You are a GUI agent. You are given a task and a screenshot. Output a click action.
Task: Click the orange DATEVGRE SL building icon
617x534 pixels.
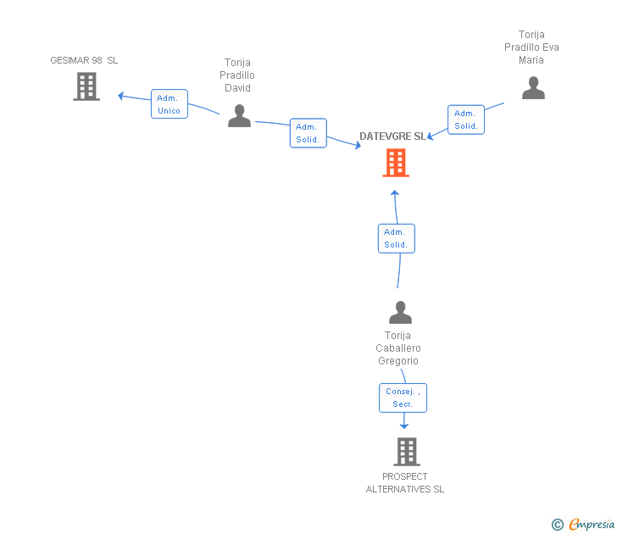pyautogui.click(x=396, y=163)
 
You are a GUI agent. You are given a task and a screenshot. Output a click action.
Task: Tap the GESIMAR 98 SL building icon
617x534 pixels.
pyautogui.click(x=86, y=86)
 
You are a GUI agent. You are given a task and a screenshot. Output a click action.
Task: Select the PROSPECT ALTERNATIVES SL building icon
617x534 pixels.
pyautogui.click(x=407, y=452)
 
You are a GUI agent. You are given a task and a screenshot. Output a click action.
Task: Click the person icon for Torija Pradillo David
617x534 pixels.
pyautogui.click(x=240, y=116)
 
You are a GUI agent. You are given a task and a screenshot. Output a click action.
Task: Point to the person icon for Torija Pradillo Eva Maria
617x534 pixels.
pyautogui.click(x=533, y=88)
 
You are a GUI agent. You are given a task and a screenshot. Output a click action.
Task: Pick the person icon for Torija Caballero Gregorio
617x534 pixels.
pyautogui.click(x=400, y=313)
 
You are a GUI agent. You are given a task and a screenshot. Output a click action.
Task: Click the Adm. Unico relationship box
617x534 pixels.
pyautogui.click(x=169, y=104)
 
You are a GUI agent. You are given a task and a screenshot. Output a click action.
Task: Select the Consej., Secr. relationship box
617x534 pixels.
pyautogui.click(x=403, y=398)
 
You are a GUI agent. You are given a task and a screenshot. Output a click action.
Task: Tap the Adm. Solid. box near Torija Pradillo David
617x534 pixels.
pyautogui.click(x=308, y=133)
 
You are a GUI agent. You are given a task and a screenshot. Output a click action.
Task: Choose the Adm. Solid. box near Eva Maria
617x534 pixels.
pyautogui.click(x=465, y=120)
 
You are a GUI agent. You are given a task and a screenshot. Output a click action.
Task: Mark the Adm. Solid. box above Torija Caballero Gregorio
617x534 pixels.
pyautogui.click(x=396, y=238)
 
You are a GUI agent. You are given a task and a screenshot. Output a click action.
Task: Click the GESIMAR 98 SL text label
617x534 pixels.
pyautogui.click(x=84, y=60)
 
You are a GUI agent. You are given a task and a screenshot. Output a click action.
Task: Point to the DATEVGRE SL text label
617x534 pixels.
pyautogui.click(x=392, y=136)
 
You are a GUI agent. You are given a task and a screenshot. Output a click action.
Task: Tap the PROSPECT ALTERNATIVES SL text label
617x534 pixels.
pyautogui.click(x=405, y=482)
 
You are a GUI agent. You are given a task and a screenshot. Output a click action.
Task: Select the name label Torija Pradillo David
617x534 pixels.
pyautogui.click(x=238, y=75)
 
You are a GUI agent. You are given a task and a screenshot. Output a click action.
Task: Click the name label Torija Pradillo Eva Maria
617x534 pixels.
pyautogui.click(x=531, y=47)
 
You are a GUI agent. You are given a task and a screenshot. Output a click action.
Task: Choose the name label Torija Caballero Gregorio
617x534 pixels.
pyautogui.click(x=398, y=348)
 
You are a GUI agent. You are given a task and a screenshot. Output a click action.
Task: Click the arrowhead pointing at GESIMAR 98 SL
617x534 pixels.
pyautogui.click(x=121, y=96)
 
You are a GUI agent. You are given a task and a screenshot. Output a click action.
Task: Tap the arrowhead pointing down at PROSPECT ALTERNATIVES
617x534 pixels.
pyautogui.click(x=404, y=426)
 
